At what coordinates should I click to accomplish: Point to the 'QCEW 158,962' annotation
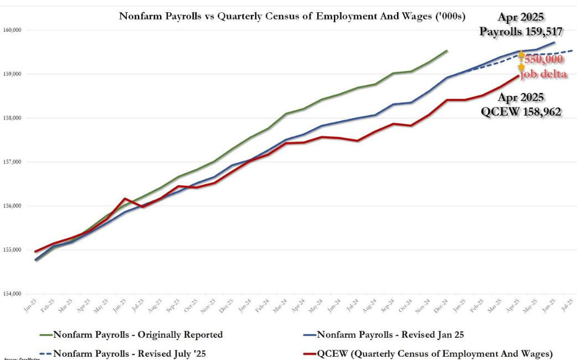pos(522,111)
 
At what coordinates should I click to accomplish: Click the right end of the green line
pos(447,50)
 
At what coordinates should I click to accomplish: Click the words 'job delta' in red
pos(544,74)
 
